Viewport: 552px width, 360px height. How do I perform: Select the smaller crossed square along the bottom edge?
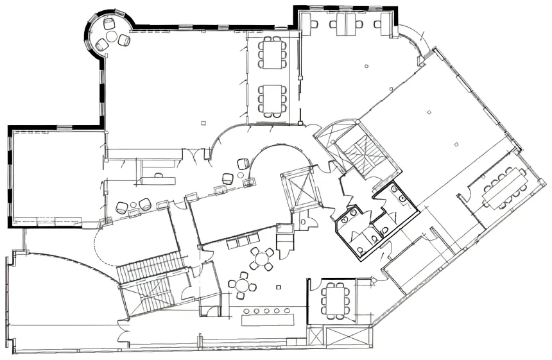(x=315, y=335)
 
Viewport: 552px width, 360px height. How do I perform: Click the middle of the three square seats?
(x=242, y=242)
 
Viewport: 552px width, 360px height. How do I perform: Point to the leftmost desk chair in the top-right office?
(x=314, y=24)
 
